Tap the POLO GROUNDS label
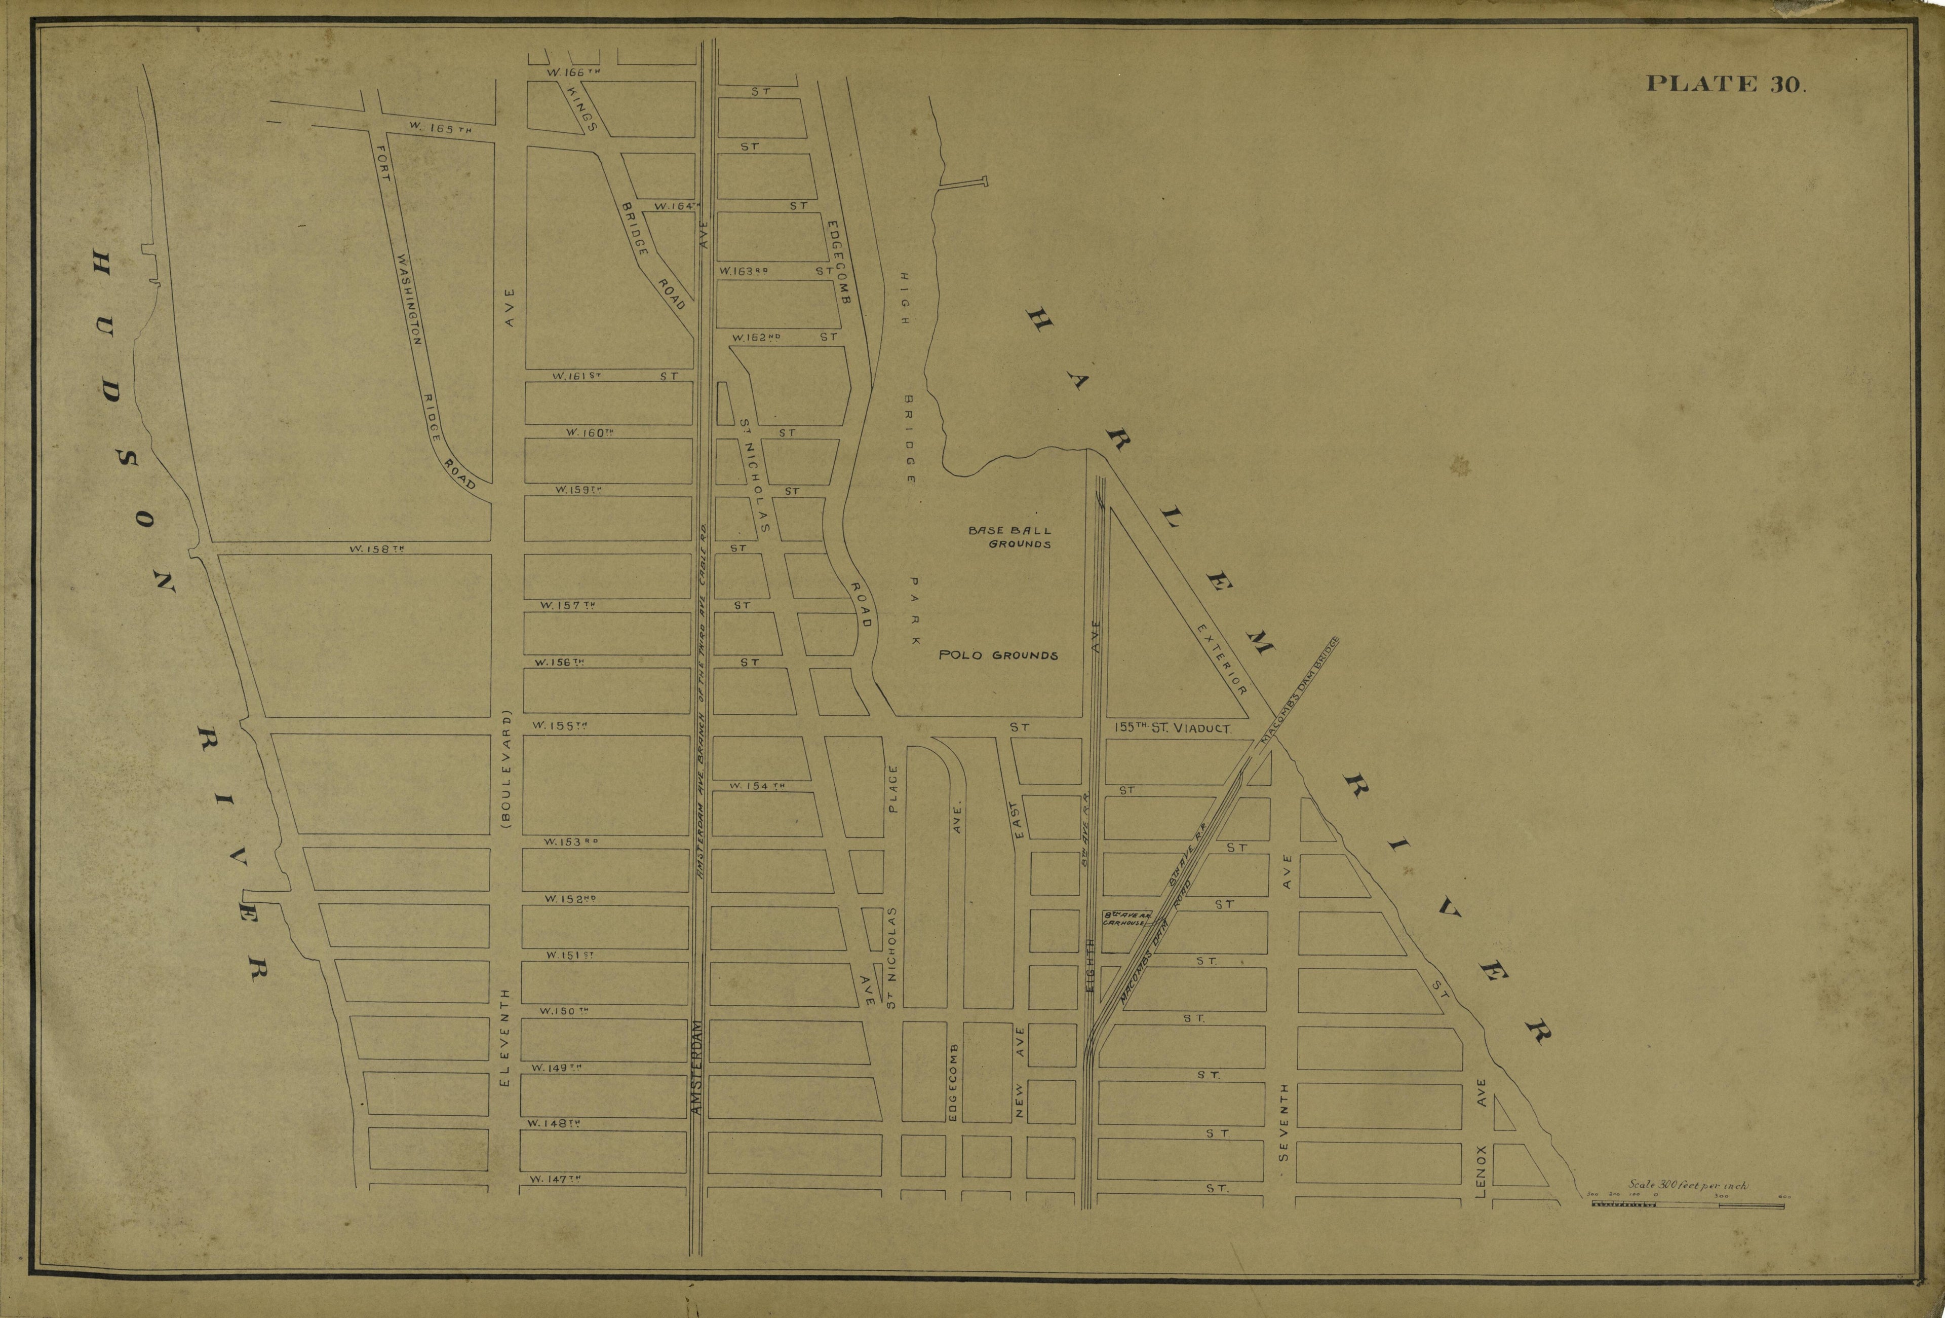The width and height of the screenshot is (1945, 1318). (x=998, y=655)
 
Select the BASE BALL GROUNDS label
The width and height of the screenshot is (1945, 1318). (x=1010, y=537)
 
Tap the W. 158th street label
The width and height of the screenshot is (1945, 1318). (x=377, y=550)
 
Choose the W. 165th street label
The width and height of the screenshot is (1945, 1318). (x=441, y=128)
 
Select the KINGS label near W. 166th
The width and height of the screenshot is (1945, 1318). (x=581, y=109)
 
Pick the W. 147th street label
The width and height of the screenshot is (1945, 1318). (x=555, y=1179)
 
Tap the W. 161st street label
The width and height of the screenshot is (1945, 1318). (x=576, y=376)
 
